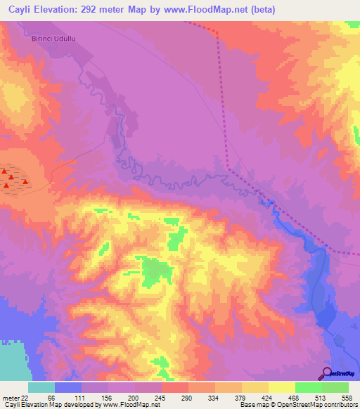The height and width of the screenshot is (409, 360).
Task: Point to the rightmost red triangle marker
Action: pyautogui.click(x=26, y=183)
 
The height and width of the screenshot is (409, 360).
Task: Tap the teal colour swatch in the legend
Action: pyautogui.click(x=41, y=387)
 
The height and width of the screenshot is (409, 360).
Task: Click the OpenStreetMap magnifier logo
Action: pyautogui.click(x=326, y=372)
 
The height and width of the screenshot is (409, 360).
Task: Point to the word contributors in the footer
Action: pyautogui.click(x=340, y=405)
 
